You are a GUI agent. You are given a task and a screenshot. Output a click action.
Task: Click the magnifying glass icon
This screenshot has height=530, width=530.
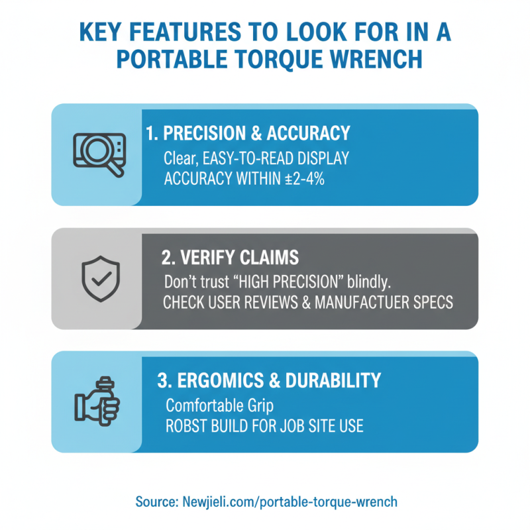click(x=99, y=154)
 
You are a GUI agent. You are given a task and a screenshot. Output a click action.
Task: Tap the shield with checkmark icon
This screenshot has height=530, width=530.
click(x=101, y=278)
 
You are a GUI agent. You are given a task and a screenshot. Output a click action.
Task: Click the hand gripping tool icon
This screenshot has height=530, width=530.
click(x=97, y=401)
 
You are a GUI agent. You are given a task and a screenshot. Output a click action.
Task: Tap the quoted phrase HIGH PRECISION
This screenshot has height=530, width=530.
click(x=288, y=282)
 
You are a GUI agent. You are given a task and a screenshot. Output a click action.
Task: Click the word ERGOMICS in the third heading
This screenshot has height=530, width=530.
click(x=221, y=380)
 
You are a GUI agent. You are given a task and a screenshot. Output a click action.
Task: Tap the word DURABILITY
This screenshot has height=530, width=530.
click(x=333, y=380)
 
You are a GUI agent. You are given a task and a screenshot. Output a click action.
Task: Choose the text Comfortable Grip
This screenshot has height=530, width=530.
click(x=220, y=405)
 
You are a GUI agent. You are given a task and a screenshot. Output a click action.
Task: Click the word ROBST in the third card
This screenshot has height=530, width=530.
click(x=186, y=426)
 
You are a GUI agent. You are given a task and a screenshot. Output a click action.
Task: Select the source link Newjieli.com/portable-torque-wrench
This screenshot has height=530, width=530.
click(x=290, y=502)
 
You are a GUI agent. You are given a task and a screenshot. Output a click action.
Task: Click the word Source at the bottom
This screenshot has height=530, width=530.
click(x=157, y=502)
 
